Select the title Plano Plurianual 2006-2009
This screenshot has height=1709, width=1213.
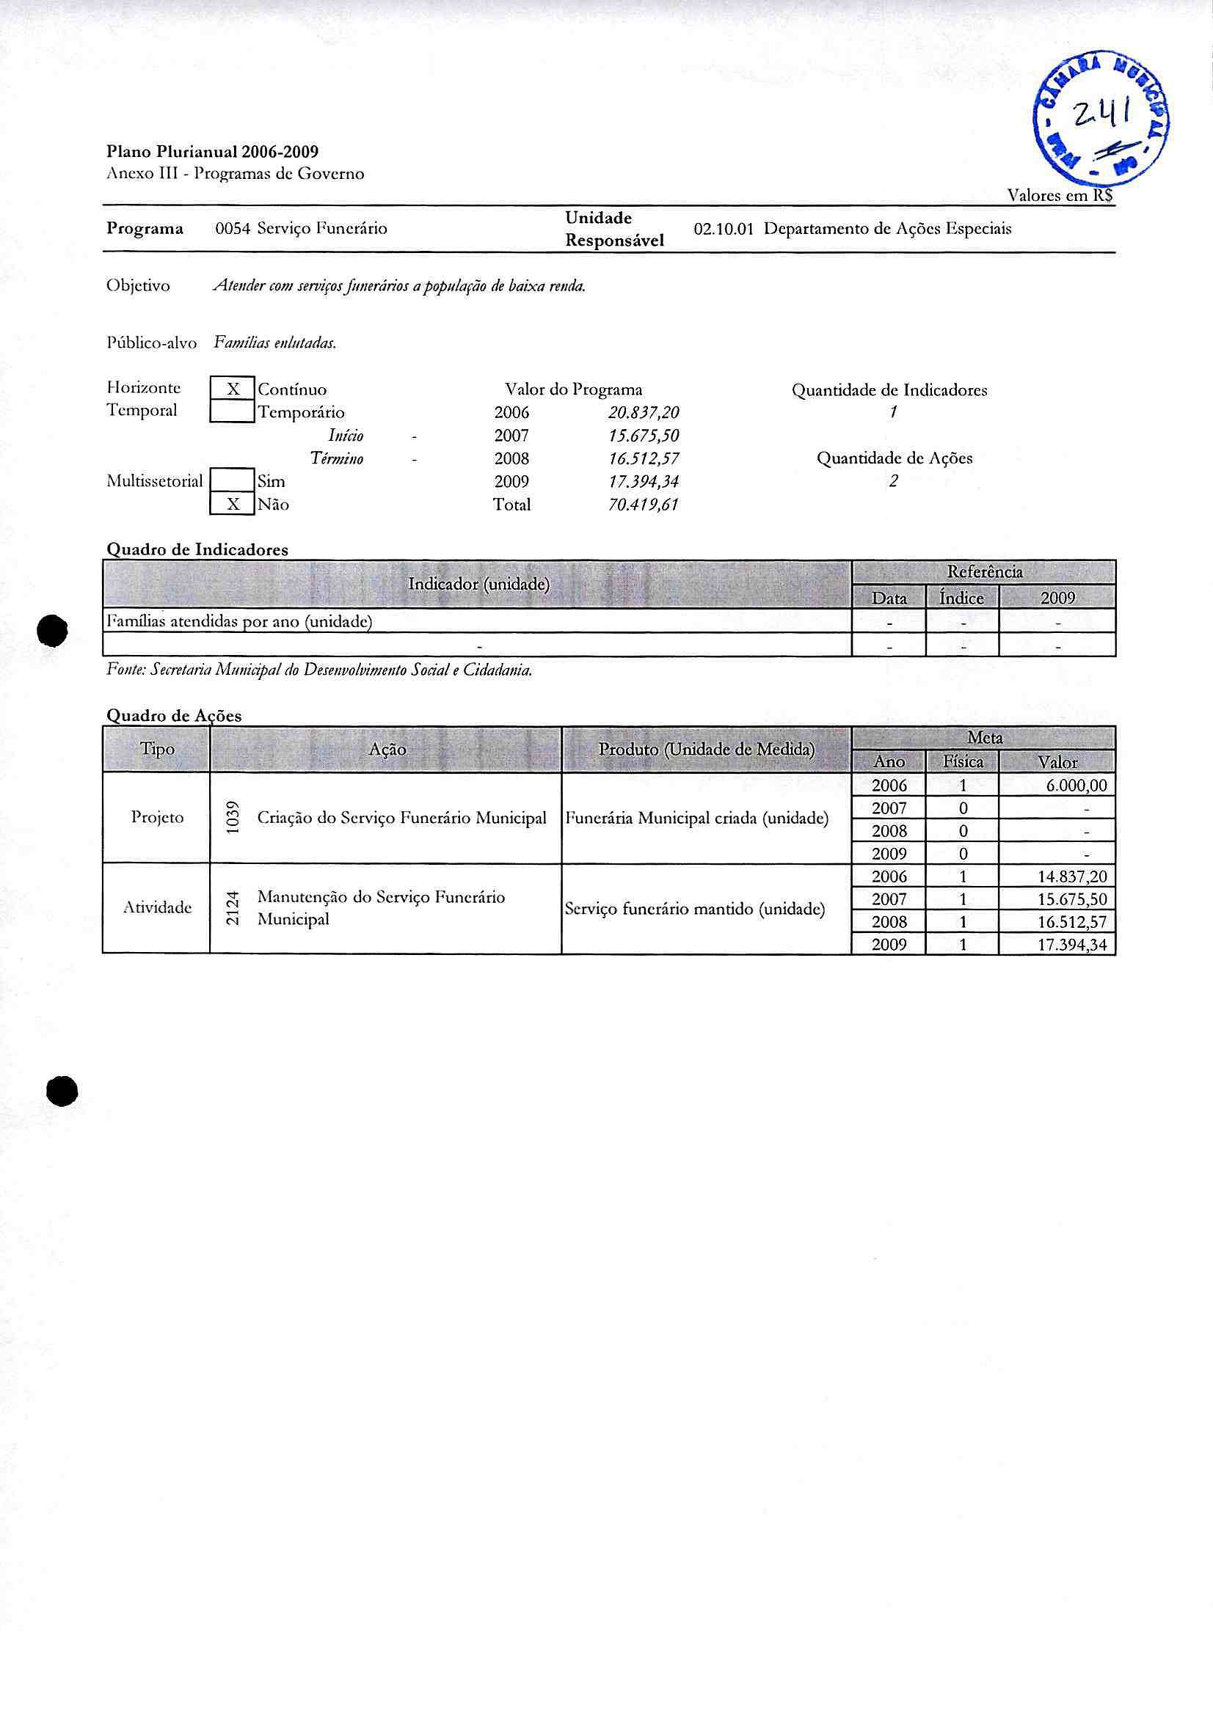tap(212, 152)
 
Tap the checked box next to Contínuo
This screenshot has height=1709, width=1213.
tap(233, 389)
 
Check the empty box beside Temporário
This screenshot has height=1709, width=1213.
tap(233, 412)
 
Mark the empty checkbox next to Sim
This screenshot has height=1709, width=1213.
tap(233, 481)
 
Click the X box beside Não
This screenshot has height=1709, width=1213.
tap(233, 505)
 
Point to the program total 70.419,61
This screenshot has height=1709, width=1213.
tap(643, 505)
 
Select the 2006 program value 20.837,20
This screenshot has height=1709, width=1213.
tap(643, 412)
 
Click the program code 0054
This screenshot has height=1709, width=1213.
tap(233, 228)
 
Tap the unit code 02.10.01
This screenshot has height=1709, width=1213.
tap(722, 228)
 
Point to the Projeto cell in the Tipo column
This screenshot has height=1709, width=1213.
tap(157, 817)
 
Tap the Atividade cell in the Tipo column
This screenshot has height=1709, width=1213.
tap(157, 907)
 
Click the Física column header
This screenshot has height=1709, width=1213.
tap(963, 761)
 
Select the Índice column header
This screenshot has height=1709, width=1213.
tap(961, 598)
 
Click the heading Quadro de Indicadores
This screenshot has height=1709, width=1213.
tap(197, 549)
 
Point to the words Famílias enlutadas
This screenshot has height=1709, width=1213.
tap(275, 343)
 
